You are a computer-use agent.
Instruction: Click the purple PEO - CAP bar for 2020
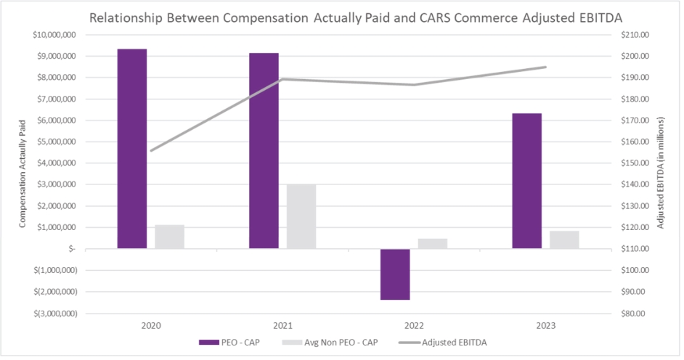pos(132,149)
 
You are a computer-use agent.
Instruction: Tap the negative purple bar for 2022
pos(395,274)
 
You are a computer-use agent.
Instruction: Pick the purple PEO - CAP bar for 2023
pos(526,181)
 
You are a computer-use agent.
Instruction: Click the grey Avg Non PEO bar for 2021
pos(301,216)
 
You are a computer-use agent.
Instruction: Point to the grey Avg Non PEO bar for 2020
pos(169,237)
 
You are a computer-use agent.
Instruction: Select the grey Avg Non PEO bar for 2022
pos(433,243)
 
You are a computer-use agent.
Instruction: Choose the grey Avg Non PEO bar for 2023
pos(564,240)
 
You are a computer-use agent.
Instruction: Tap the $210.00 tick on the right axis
pos(630,35)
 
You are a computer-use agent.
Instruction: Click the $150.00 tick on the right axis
pos(630,163)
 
